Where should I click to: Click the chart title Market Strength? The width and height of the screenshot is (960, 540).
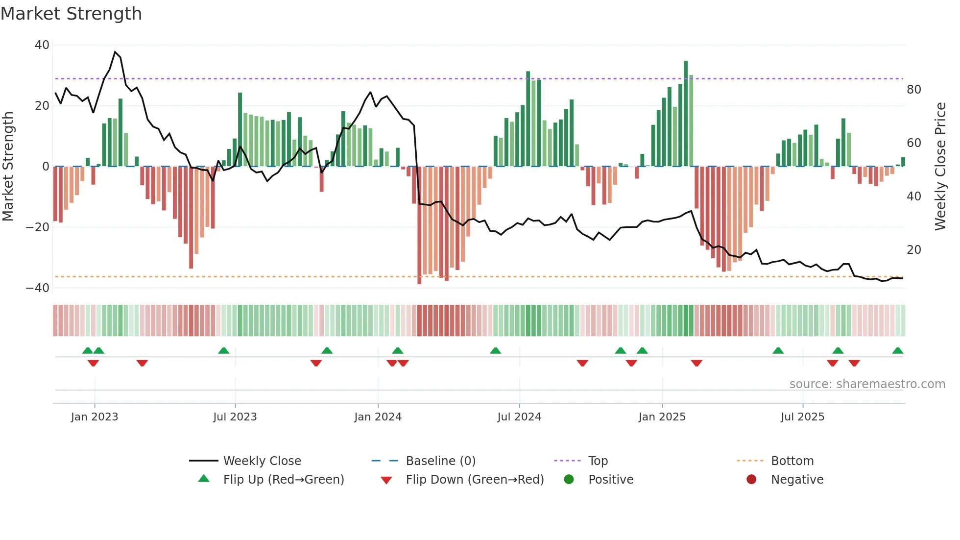71,14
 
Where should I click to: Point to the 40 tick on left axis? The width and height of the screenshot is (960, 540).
42,45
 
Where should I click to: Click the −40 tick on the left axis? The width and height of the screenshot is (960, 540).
38,288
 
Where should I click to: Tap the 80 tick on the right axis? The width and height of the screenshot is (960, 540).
913,90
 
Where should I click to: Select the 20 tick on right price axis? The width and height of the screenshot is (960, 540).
913,250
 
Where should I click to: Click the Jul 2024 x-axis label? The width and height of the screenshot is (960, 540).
519,417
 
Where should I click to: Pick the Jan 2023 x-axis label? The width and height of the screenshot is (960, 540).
95,417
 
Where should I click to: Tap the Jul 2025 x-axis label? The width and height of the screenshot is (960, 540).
802,417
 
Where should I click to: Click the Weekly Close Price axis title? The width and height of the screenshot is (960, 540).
940,167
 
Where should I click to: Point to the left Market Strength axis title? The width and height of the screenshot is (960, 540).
8,167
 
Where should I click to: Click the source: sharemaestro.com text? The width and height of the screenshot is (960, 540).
867,384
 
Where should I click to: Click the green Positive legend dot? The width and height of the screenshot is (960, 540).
569,480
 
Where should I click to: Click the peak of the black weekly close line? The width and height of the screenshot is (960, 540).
115,51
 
